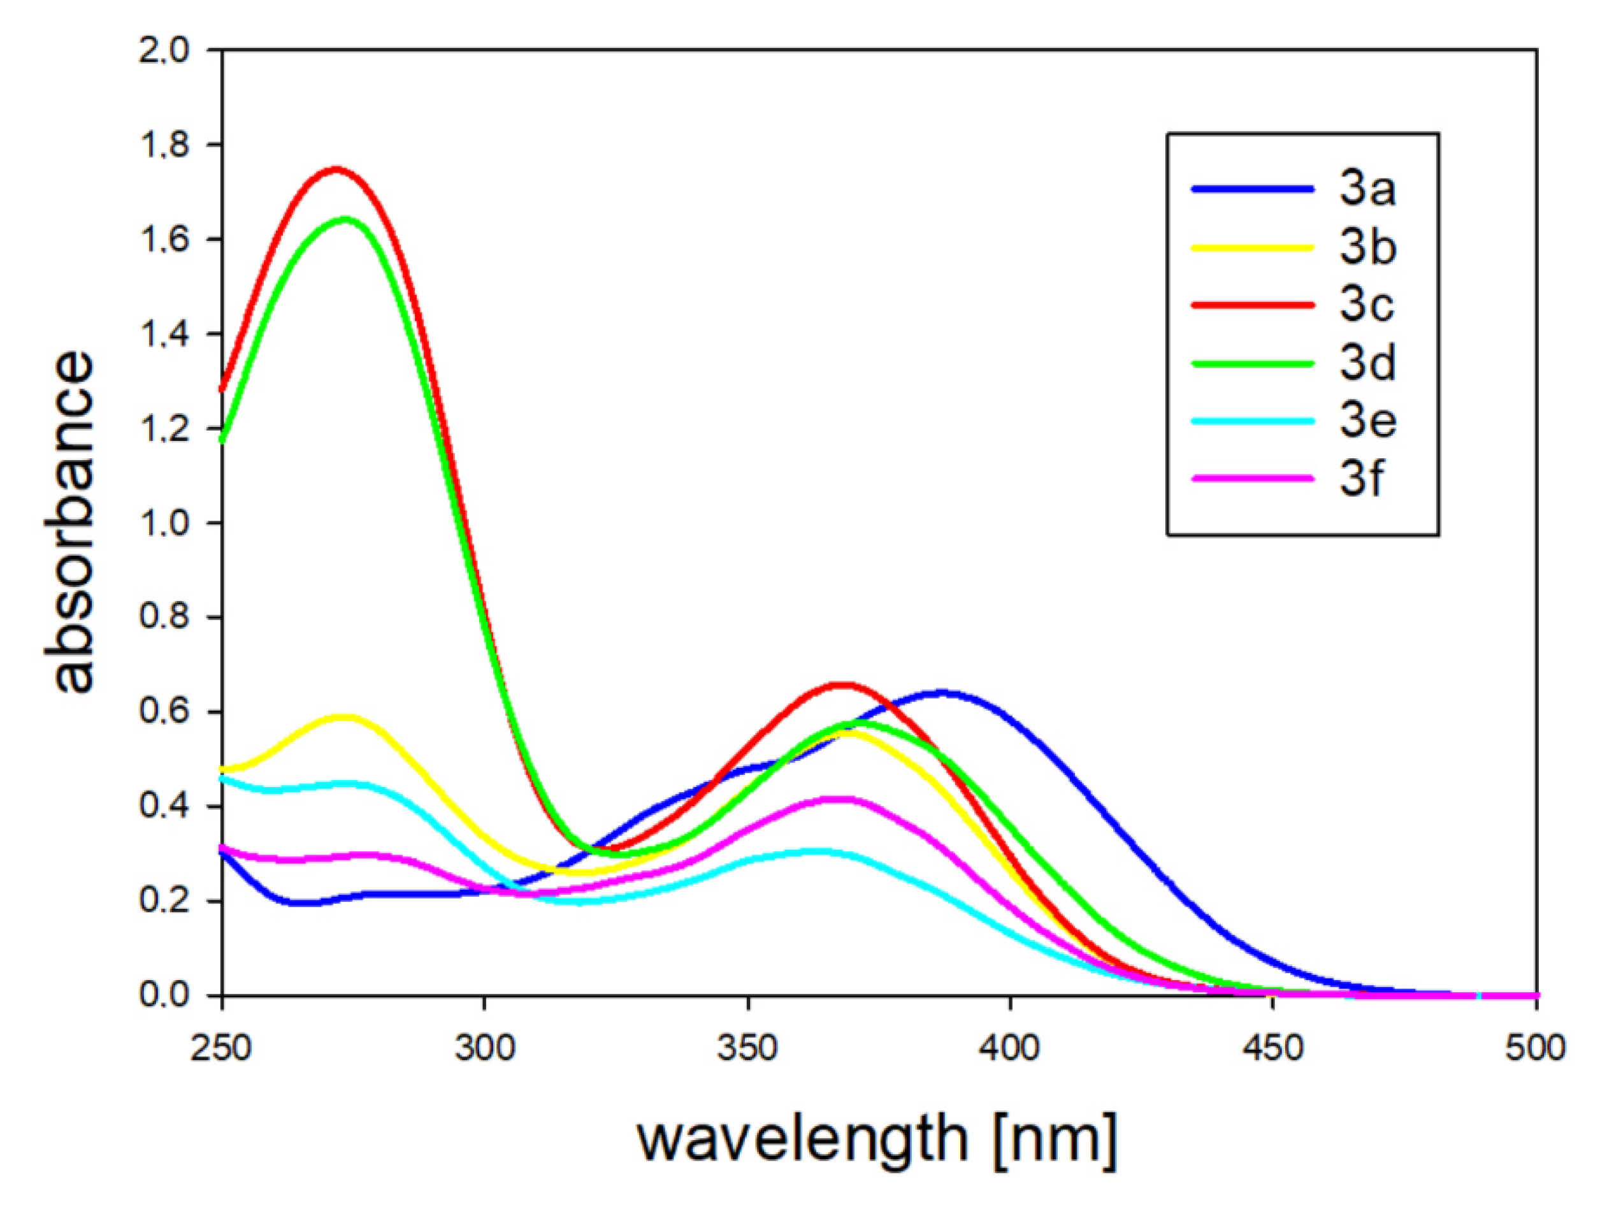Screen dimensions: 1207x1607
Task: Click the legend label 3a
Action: click(x=1367, y=190)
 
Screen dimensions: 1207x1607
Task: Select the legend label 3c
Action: click(x=1367, y=305)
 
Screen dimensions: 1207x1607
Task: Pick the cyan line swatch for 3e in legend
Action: click(x=1253, y=421)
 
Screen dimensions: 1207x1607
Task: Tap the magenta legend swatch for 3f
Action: click(x=1253, y=479)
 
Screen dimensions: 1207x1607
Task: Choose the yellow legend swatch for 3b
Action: click(x=1253, y=248)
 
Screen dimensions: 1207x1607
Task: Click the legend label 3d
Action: click(x=1367, y=363)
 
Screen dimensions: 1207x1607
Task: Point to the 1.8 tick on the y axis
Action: click(x=164, y=145)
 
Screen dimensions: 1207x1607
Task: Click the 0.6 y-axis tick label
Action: click(x=164, y=712)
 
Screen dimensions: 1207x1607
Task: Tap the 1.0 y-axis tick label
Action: click(x=164, y=523)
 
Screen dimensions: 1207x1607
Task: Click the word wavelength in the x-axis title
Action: click(x=803, y=1139)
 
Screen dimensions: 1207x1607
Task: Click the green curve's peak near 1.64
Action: click(x=345, y=219)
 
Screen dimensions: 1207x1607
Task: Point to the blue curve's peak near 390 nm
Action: click(x=943, y=693)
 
